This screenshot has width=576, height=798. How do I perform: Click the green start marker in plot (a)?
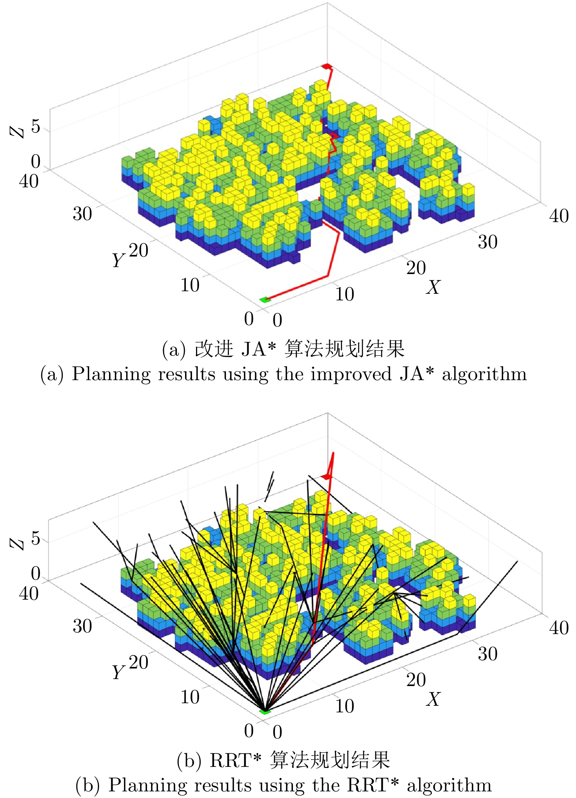tap(265, 300)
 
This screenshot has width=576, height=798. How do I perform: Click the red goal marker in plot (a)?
tap(327, 66)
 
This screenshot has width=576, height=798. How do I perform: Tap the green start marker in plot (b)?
tap(265, 712)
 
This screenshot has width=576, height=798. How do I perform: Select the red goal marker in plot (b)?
tap(326, 476)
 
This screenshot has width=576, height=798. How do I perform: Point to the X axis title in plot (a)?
tap(433, 287)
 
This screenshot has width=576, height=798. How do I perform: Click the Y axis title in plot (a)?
tap(118, 260)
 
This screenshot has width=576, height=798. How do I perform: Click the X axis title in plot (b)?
tap(433, 699)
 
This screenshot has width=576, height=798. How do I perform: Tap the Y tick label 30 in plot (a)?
tap(82, 214)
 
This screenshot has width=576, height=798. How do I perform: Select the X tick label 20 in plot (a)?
tap(416, 268)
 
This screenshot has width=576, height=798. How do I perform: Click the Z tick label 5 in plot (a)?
tap(35, 127)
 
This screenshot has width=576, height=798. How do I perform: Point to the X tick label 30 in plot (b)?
tap(487, 654)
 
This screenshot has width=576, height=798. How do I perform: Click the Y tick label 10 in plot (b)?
tap(190, 697)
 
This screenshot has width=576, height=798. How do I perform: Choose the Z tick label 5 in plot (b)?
tap(35, 539)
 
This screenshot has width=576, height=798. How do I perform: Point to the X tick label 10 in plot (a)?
tap(345, 295)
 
